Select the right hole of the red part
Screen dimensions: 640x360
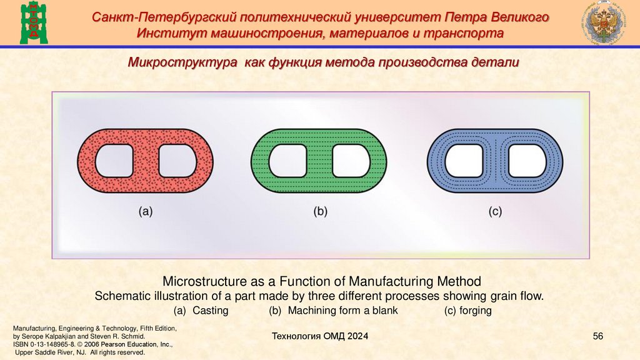[177, 161]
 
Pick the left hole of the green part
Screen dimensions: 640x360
[287, 161]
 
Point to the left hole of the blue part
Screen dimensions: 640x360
[462, 161]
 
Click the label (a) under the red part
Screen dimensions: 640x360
[146, 212]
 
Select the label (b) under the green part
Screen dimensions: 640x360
[321, 212]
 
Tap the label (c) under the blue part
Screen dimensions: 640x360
[495, 212]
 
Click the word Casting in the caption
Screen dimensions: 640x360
[210, 311]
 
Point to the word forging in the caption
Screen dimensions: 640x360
[476, 311]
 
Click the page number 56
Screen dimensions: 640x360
[597, 337]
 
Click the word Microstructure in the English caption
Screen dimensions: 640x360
[204, 281]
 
